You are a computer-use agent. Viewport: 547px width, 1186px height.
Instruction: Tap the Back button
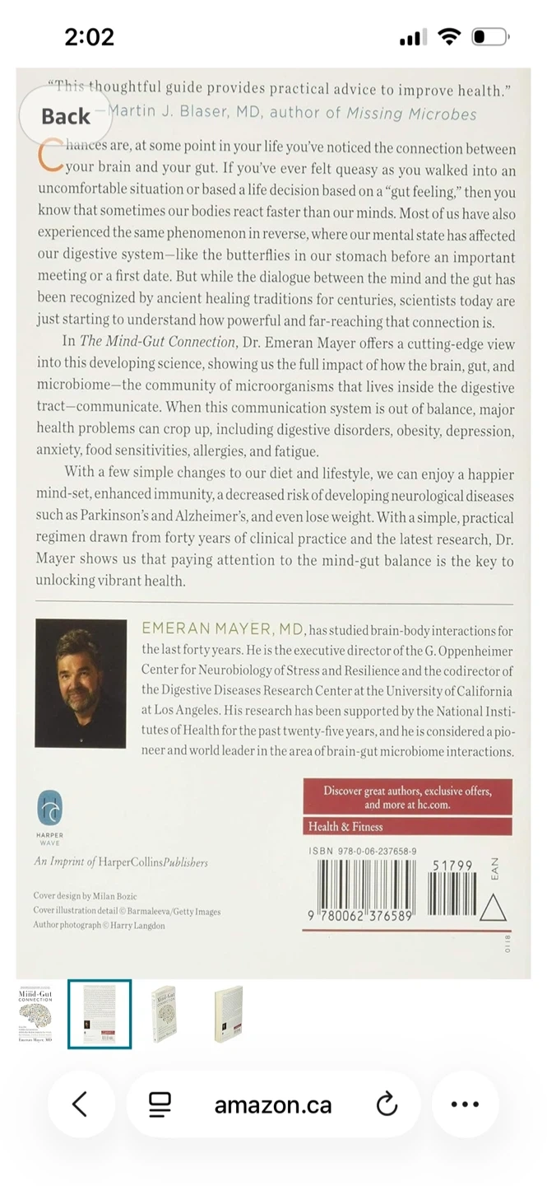pos(66,116)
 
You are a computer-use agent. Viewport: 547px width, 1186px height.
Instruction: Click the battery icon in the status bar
pos(490,37)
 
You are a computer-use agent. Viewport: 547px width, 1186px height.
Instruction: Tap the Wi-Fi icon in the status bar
pos(449,37)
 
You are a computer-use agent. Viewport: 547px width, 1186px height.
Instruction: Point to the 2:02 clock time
pos(89,37)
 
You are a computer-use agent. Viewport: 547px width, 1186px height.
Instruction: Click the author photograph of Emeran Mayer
pos(81,684)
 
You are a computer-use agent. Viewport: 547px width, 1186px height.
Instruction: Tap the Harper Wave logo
pos(50,809)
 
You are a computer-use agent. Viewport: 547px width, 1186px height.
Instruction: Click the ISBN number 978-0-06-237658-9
pos(363,851)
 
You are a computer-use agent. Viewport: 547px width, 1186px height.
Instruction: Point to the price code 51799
pos(452,866)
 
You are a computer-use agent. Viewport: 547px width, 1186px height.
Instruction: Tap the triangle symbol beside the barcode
pos(493,908)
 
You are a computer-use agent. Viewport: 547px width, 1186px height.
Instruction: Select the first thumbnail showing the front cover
pos(35,1013)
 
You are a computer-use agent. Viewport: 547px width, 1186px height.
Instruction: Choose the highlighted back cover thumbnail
pos(100,1014)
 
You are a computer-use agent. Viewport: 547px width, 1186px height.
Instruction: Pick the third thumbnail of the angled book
pos(164,1014)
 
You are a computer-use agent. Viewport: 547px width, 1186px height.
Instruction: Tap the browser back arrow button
pos(80,1104)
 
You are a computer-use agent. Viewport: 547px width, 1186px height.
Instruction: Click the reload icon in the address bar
pos(387,1104)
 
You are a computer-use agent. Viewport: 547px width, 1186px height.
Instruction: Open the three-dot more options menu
pos(465,1104)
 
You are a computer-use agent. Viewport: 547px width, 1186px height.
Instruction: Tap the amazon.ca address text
pos(272,1104)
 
